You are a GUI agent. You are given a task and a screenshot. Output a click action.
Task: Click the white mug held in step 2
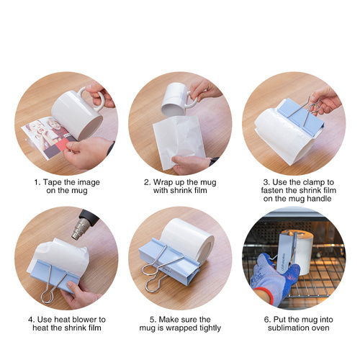point(174,100)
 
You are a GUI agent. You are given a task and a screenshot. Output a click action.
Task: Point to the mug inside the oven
point(294,248)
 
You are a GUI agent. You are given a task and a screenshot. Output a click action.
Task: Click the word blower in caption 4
point(82,318)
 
